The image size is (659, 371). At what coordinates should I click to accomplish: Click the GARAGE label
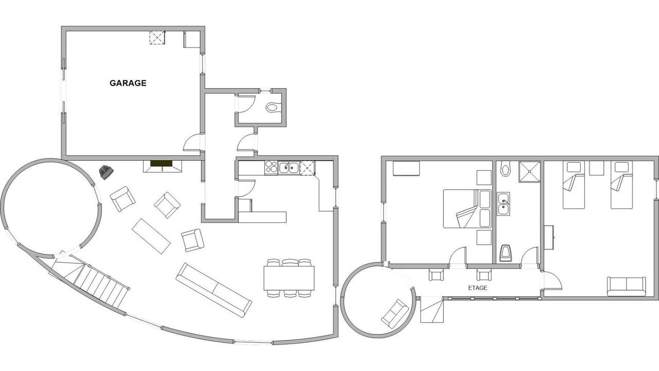[x=128, y=83]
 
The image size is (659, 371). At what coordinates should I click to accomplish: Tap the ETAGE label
[x=478, y=288]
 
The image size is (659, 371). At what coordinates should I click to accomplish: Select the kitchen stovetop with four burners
[x=271, y=168]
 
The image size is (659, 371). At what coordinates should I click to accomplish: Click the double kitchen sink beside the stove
[x=289, y=168]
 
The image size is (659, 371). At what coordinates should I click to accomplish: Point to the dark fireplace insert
[x=161, y=163]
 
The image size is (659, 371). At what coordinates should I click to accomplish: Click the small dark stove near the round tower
[x=106, y=172]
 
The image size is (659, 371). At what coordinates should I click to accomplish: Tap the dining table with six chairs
[x=289, y=278]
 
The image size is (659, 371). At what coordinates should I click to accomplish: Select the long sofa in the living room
[x=214, y=290]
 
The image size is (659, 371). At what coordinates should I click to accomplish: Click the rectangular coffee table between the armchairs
[x=151, y=236]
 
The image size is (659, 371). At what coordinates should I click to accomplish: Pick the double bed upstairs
[x=467, y=209]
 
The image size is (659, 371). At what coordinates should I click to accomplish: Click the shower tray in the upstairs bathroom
[x=529, y=172]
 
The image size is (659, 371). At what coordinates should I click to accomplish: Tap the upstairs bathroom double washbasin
[x=504, y=204]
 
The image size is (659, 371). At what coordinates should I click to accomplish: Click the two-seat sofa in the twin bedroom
[x=627, y=286]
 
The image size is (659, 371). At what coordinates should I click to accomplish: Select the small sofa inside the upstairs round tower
[x=395, y=314]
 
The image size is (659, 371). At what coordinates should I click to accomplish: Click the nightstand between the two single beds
[x=596, y=168]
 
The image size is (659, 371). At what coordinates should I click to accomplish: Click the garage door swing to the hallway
[x=192, y=143]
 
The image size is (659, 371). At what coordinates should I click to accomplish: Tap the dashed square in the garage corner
[x=157, y=38]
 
